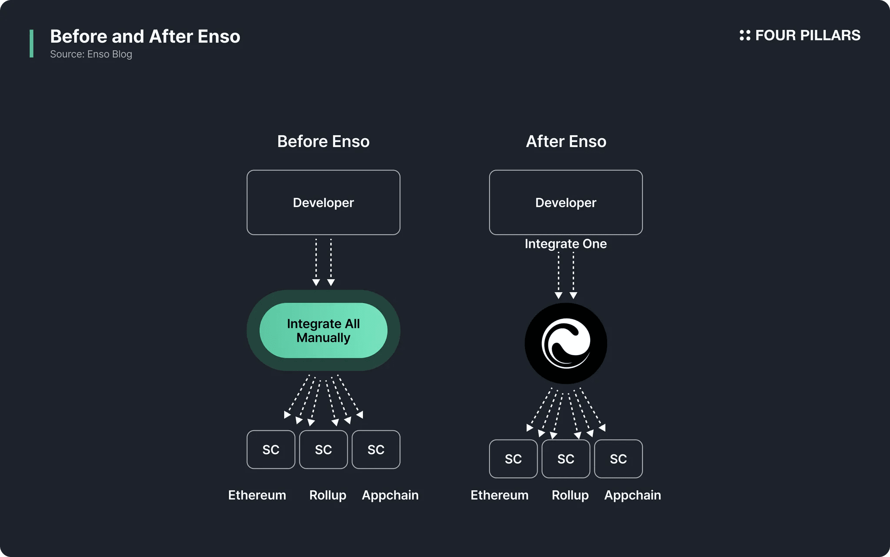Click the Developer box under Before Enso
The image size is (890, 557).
tap(323, 203)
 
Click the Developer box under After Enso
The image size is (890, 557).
tap(566, 203)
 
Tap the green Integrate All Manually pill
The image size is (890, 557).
tap(323, 330)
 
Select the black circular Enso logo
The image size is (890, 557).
tap(566, 344)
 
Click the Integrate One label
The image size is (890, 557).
tap(566, 244)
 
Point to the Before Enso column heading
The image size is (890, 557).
tap(323, 141)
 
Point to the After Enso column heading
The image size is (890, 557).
tap(566, 141)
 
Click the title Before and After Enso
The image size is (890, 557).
tap(145, 37)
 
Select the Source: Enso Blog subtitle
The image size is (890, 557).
tap(91, 54)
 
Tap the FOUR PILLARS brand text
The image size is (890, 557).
tap(808, 35)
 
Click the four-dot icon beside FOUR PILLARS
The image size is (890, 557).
tap(745, 35)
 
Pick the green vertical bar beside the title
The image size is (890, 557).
tap(31, 43)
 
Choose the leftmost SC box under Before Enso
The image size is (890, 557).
tap(271, 450)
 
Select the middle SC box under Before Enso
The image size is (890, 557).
tap(323, 450)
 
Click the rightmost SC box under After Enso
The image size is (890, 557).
tap(618, 459)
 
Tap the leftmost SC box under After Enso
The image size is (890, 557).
tap(513, 459)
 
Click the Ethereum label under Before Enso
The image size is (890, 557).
tap(257, 495)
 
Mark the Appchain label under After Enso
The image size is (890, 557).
tap(633, 496)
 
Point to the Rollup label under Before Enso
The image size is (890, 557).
tap(328, 496)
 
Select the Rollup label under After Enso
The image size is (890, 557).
tap(570, 496)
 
